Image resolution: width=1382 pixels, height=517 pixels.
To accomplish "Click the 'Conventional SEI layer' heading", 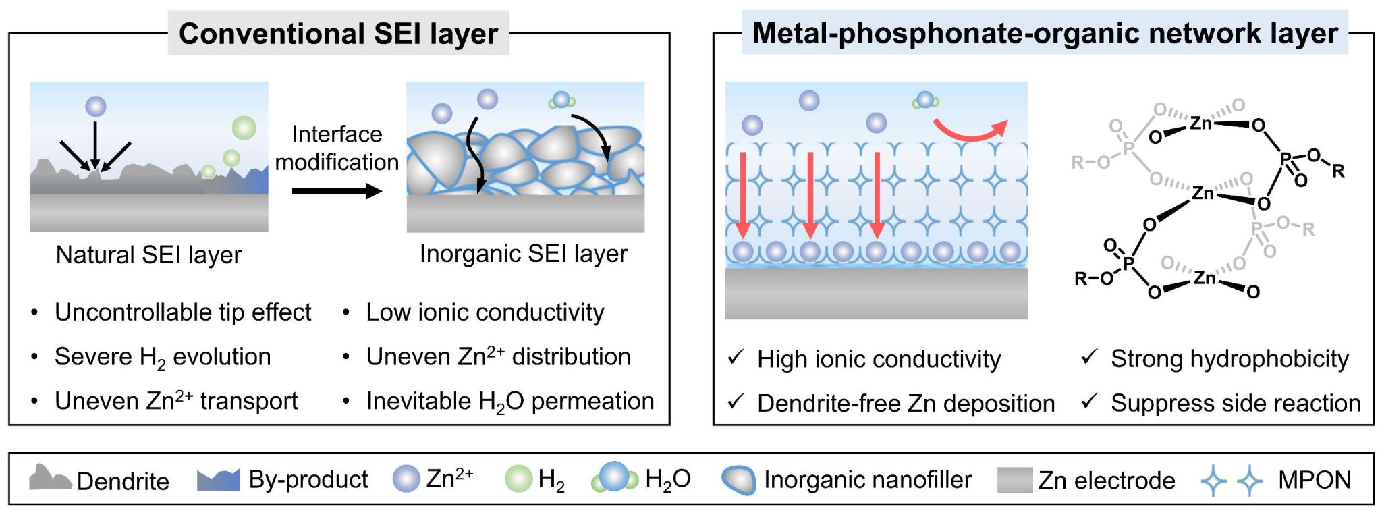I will tap(338, 33).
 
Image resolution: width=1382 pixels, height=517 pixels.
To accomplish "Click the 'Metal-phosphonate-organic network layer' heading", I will tap(1045, 33).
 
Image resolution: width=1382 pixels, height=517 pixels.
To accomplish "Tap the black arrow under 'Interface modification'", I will tap(337, 191).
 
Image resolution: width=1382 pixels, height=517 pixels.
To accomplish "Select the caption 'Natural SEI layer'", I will tap(148, 254).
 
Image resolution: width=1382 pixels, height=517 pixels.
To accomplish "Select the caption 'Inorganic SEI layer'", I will tap(523, 254).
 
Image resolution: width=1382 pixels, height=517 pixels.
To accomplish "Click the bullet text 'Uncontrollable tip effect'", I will tap(183, 312).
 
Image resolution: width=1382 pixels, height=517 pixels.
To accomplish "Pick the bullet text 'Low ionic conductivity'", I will tap(485, 312).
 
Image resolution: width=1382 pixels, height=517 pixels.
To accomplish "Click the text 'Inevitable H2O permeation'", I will tap(509, 402).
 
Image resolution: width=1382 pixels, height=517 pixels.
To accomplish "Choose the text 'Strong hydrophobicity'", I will tap(1229, 359).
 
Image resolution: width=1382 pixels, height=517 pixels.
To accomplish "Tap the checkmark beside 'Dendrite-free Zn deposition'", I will tap(736, 402).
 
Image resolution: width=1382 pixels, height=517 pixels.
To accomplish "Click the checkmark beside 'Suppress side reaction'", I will tap(1089, 402).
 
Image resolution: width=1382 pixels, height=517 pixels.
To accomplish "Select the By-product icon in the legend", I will tap(218, 479).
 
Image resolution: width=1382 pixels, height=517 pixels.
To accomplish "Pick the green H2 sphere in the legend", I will tap(519, 479).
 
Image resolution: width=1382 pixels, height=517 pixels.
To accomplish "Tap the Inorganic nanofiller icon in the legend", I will tap(738, 480).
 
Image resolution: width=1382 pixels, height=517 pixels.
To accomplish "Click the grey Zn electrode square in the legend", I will tap(1014, 480).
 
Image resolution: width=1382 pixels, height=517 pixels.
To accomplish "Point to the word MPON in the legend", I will tap(1314, 480).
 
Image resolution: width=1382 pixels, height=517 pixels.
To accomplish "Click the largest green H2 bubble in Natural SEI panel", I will tap(244, 128).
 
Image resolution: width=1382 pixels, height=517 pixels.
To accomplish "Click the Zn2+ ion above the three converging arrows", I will tap(96, 106).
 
